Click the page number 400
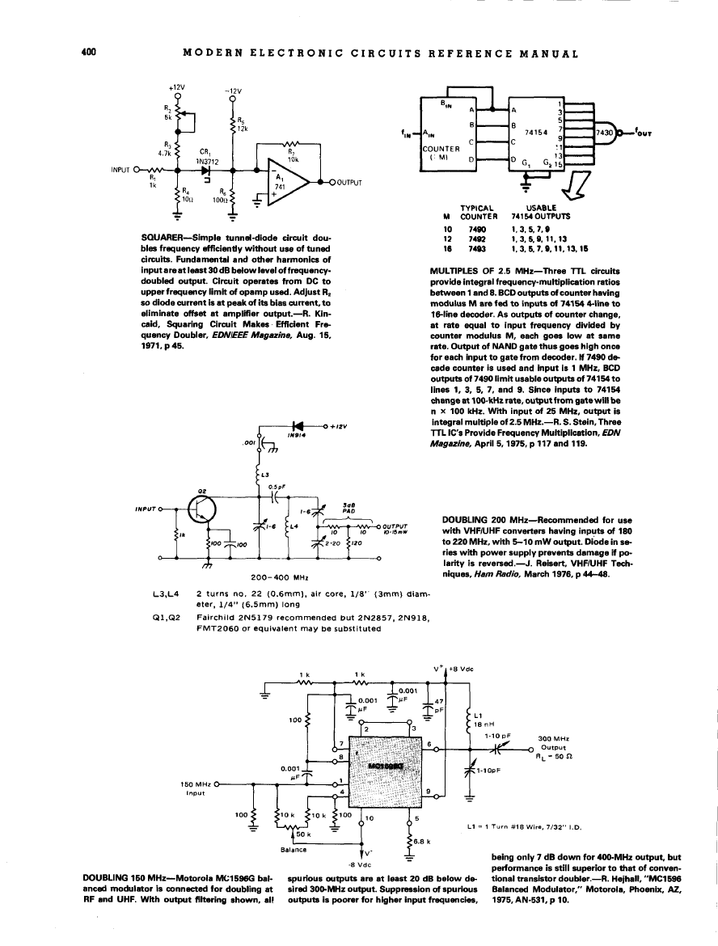pyautogui.click(x=89, y=53)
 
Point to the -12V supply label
pyautogui.click(x=233, y=91)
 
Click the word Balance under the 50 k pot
pyautogui.click(x=293, y=849)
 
